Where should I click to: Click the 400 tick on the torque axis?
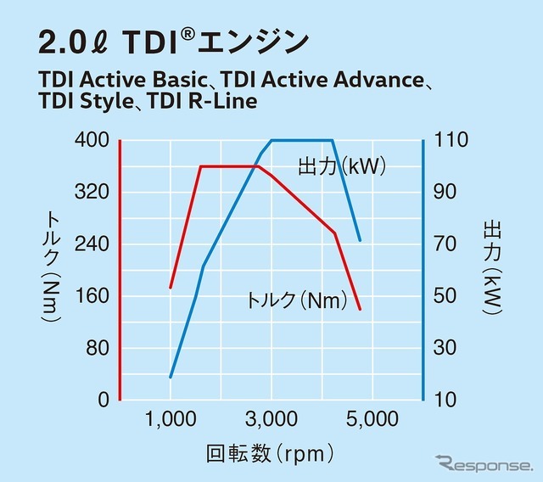click(92, 139)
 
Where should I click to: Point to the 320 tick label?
click(92, 192)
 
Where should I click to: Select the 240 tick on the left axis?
click(92, 244)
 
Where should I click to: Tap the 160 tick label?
click(92, 296)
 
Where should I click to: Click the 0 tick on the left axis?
click(104, 400)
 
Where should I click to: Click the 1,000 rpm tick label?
click(171, 418)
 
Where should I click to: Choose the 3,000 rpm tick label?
click(271, 418)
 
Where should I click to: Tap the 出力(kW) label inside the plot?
click(342, 166)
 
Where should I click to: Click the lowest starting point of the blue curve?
click(171, 377)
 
